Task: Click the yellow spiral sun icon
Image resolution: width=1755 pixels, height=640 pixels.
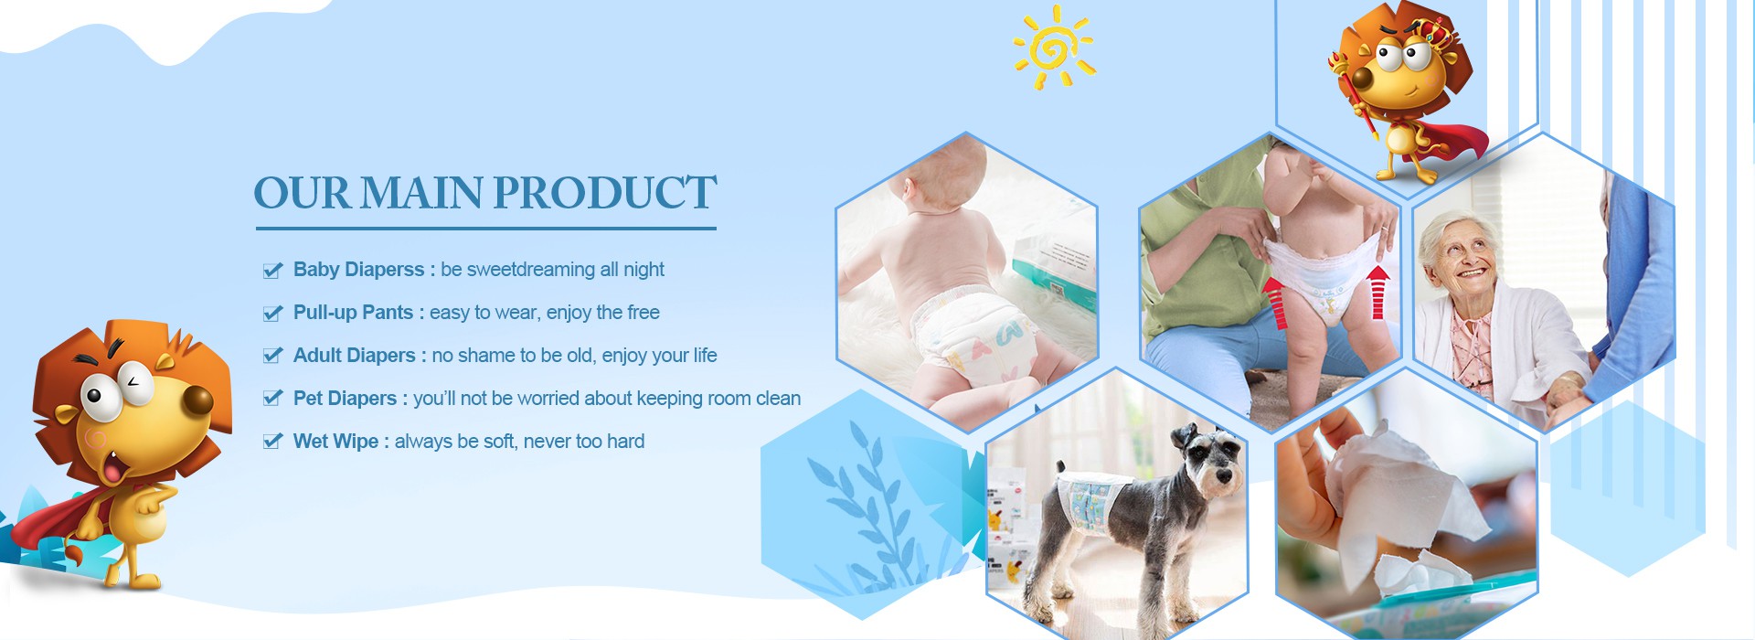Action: (x=1054, y=47)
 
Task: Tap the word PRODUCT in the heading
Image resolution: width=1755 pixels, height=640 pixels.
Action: (x=605, y=193)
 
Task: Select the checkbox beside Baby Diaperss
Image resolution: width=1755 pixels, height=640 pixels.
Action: (x=272, y=270)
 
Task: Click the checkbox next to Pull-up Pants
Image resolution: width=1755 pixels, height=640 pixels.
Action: (x=272, y=313)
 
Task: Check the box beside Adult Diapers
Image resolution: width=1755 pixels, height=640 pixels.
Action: (x=272, y=356)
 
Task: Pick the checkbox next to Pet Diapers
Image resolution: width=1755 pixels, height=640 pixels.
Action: (x=272, y=399)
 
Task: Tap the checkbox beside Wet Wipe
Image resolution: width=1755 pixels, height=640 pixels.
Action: (x=272, y=442)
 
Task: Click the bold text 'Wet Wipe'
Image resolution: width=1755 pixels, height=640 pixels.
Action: (x=335, y=442)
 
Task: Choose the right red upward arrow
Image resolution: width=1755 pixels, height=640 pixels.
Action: (x=1378, y=292)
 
